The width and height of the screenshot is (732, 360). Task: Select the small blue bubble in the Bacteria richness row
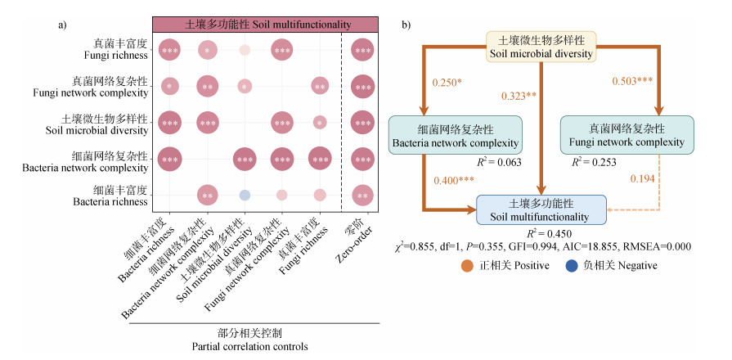pos(245,196)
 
